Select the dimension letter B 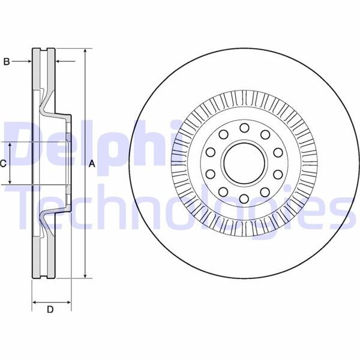click(7, 61)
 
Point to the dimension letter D click(50, 310)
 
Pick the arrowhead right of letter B click(29, 61)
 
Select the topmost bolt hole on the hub click(244, 127)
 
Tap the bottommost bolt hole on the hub click(244, 199)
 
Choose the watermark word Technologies click(180, 207)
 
